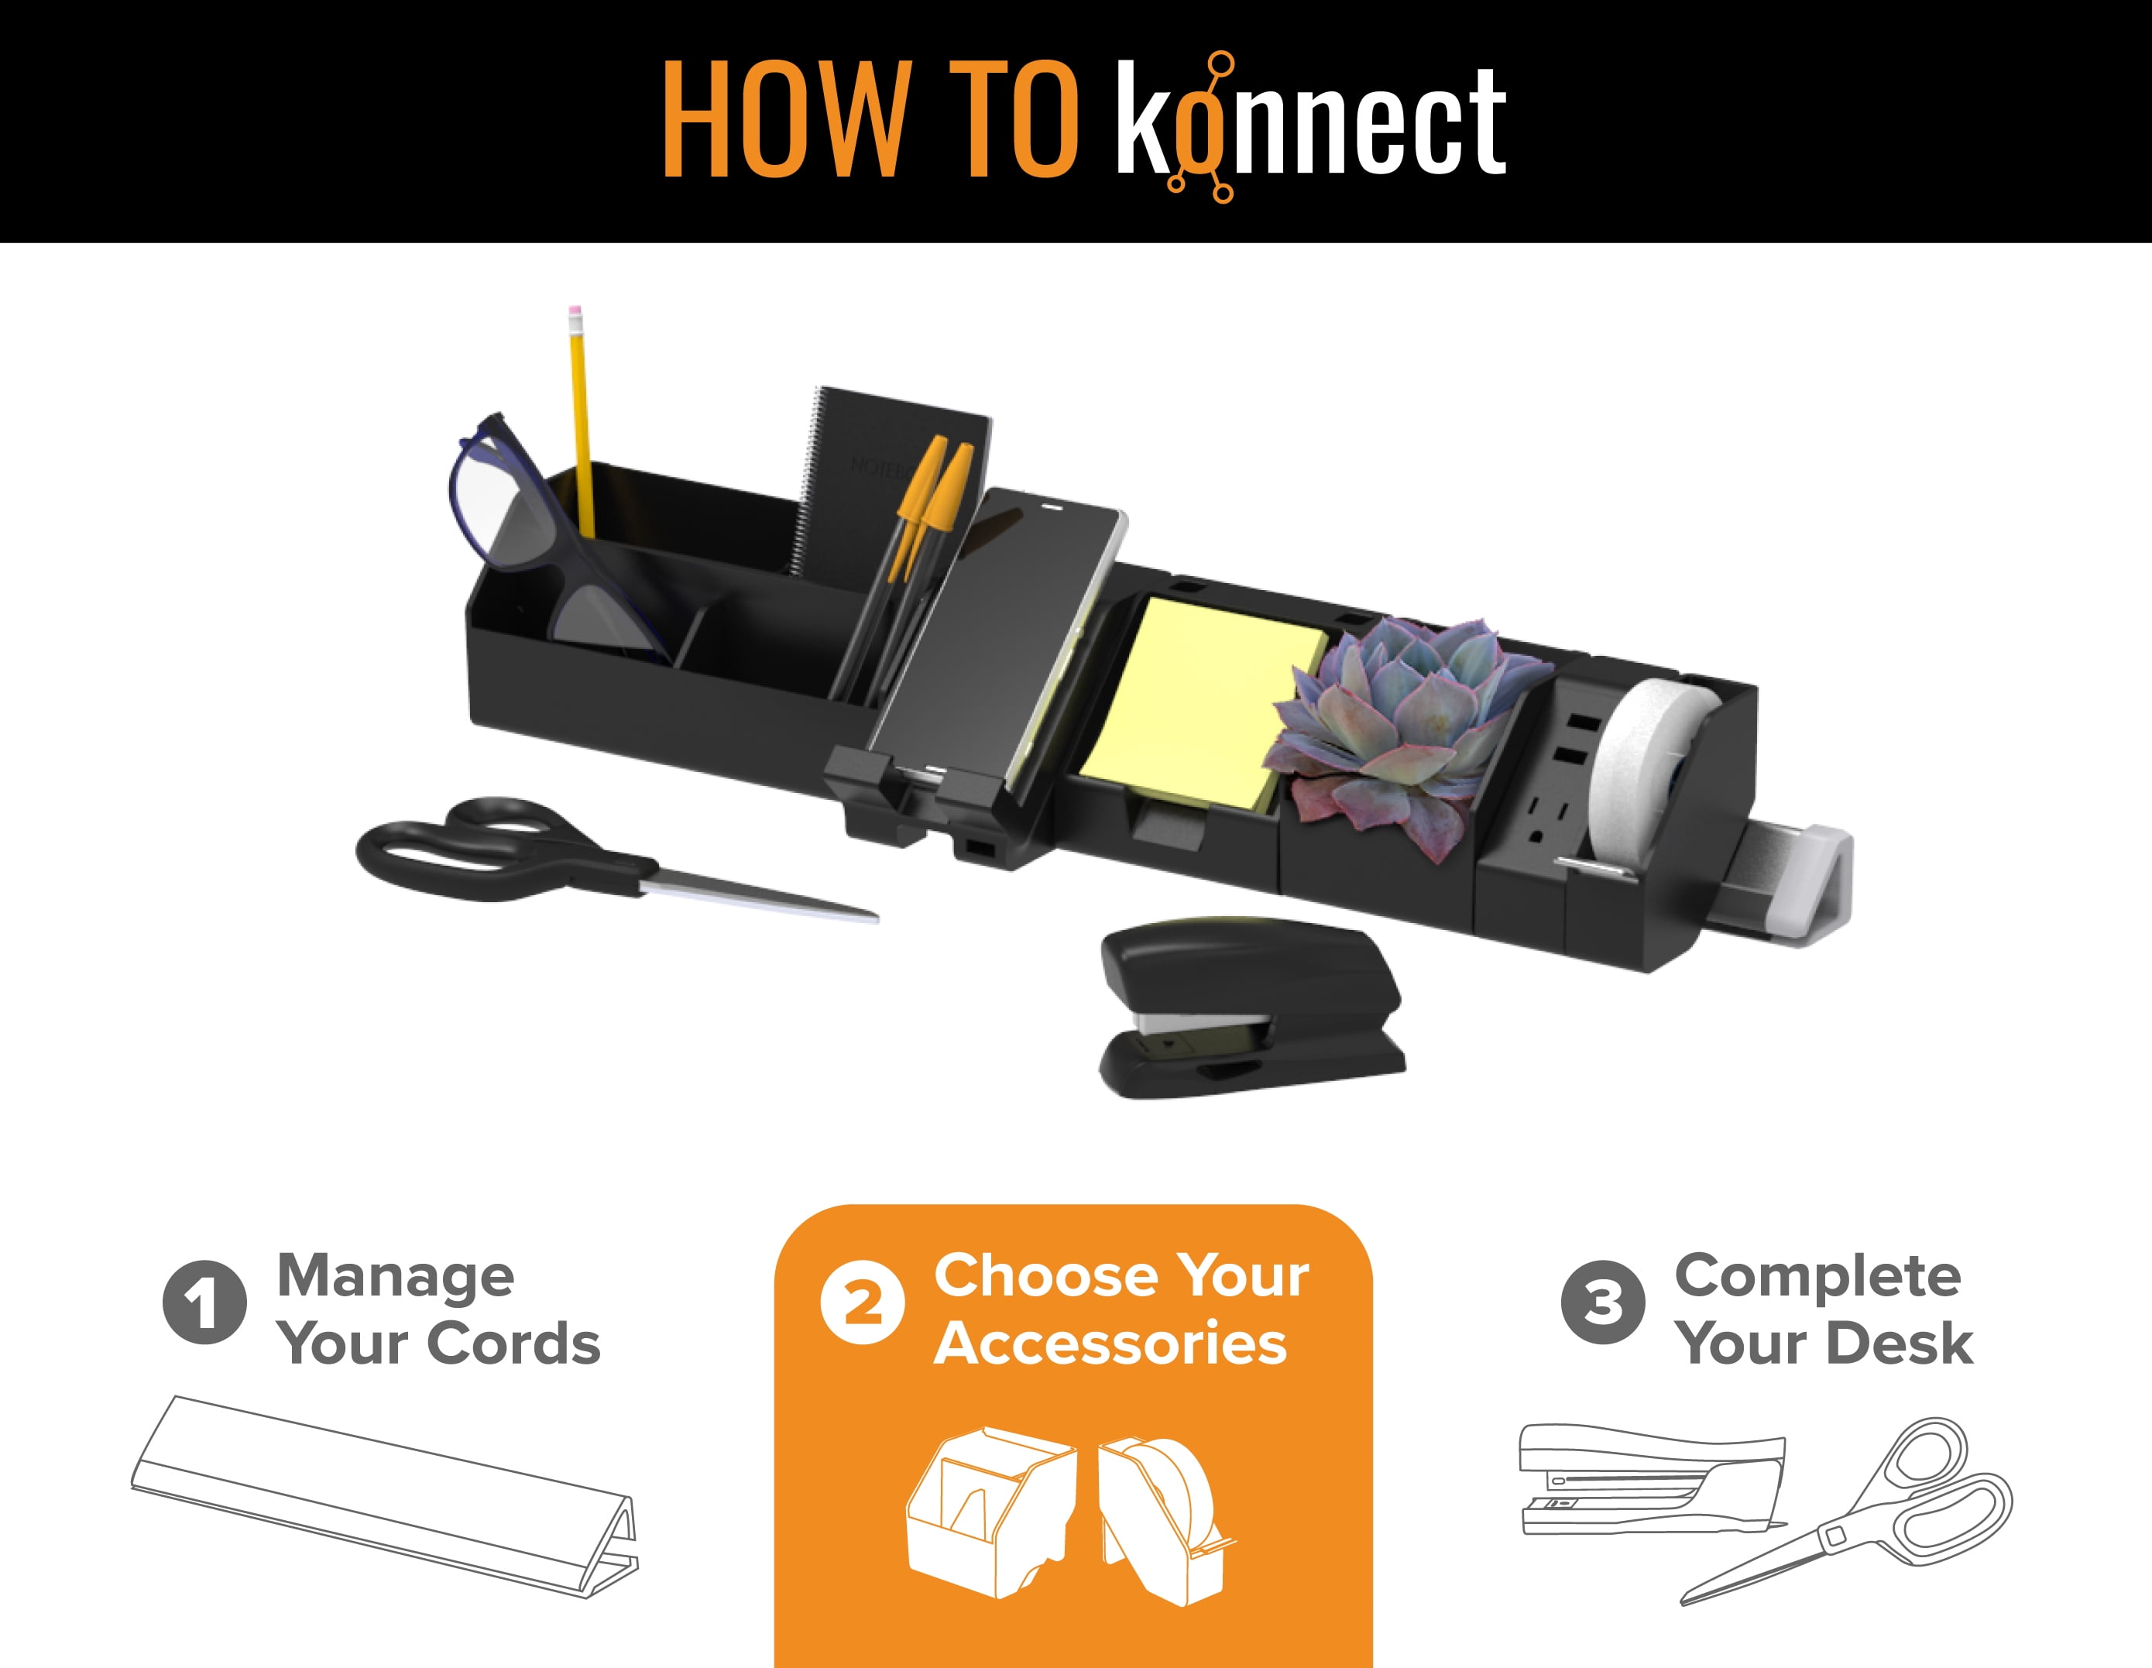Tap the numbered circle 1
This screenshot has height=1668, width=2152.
tap(204, 1302)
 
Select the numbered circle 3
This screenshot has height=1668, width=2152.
tap(1603, 1302)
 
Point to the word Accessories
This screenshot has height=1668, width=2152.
tap(1110, 1343)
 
